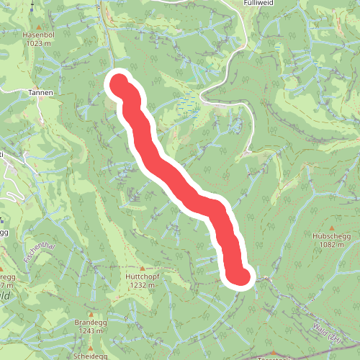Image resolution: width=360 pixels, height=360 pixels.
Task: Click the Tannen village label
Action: (41, 93)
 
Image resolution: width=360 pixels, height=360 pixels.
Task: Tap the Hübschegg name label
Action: (330, 235)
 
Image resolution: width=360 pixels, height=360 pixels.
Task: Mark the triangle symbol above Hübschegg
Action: (330, 226)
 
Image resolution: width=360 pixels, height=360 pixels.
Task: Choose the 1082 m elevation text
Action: (330, 245)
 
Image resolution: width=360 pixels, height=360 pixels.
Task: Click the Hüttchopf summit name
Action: (141, 276)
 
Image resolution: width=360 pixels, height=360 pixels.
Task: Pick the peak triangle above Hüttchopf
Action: (141, 266)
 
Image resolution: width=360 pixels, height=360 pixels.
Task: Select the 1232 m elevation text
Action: (141, 285)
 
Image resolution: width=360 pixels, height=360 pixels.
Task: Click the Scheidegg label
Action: (91, 356)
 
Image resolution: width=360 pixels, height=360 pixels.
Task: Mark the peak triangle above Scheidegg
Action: (91, 348)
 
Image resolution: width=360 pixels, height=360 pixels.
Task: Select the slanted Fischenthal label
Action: (39, 253)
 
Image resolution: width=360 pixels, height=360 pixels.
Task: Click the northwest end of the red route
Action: (118, 82)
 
